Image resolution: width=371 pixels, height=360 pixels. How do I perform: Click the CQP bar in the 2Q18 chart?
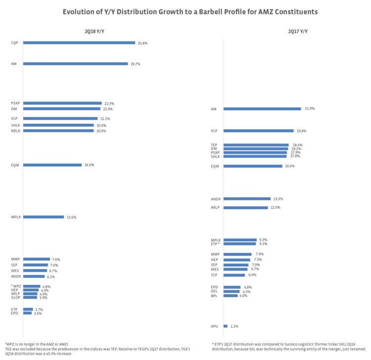click(79, 43)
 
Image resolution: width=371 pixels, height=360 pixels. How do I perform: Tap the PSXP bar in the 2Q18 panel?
click(62, 103)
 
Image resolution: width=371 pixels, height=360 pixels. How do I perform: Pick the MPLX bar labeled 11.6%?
click(44, 217)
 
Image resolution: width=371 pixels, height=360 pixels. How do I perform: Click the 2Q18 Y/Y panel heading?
click(94, 31)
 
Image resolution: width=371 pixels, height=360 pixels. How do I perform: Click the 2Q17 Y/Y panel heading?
click(298, 31)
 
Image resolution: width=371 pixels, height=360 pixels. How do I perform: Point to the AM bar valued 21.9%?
click(262, 109)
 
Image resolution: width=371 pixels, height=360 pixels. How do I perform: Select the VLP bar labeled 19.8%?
click(258, 131)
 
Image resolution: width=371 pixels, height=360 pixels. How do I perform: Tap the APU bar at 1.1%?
click(226, 326)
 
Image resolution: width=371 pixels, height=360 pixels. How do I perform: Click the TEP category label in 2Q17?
click(214, 145)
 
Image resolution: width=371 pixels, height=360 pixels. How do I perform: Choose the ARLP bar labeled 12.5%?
click(245, 208)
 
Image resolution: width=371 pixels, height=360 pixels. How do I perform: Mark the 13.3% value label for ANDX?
click(278, 199)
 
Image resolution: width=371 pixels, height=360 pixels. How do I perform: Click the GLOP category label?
click(15, 298)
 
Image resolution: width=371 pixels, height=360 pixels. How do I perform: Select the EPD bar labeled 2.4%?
click(27, 313)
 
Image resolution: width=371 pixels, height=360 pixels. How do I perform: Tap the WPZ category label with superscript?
click(16, 286)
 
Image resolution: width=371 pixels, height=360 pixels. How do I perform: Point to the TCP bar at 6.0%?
click(234, 275)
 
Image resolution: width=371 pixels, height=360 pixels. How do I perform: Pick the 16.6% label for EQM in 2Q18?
click(89, 165)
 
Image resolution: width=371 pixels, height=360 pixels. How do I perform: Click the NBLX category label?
click(16, 131)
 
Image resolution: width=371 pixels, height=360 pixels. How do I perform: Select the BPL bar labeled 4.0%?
click(231, 296)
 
